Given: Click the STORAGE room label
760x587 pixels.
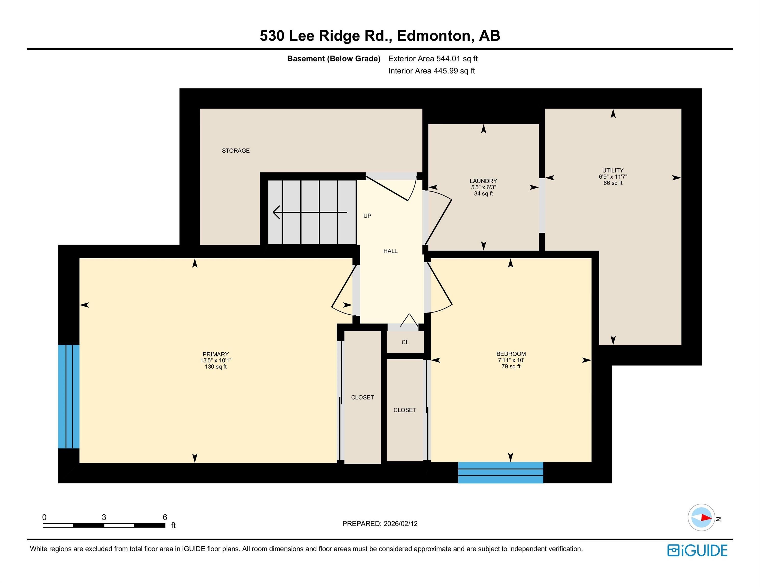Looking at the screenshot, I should tap(236, 151).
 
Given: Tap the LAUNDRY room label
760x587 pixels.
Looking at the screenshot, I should tap(483, 181).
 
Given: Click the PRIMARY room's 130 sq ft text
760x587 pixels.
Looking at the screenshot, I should tap(215, 367).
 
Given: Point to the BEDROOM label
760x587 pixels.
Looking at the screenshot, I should tap(511, 354).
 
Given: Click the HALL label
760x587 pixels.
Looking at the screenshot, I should tap(390, 251).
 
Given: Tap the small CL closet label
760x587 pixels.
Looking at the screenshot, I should tap(405, 342).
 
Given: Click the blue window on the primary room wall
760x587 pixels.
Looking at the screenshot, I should tap(69, 396).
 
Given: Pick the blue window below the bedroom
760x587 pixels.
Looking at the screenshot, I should tap(500, 473).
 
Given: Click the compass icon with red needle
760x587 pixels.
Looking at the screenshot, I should tap(701, 517).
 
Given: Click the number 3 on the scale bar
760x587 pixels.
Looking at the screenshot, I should tap(104, 517).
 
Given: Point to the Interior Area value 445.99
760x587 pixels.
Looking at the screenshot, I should tap(454, 71).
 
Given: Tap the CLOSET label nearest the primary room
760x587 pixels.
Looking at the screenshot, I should tap(362, 397).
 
